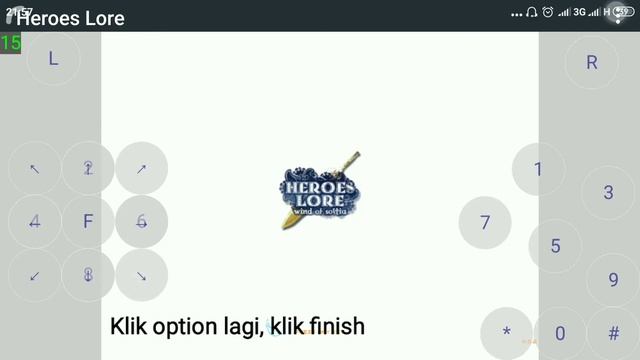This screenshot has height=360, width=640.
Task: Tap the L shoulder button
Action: coord(53,58)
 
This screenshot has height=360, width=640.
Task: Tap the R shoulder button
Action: coord(592,62)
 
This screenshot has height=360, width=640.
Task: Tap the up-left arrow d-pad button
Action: coord(35,168)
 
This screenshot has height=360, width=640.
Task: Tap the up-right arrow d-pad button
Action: coord(141,168)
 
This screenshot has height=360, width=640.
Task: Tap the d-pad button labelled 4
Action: coord(35,222)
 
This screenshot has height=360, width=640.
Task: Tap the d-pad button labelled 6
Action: coord(141,222)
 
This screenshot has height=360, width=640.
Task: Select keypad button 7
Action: coord(485,222)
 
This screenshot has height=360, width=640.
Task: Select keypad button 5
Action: coord(556,246)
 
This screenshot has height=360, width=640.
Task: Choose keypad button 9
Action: coord(613,280)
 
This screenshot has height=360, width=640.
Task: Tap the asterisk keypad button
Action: coord(507,333)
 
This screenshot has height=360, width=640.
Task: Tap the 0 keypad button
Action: coord(560,333)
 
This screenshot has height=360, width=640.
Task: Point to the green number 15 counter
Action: coord(11,43)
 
